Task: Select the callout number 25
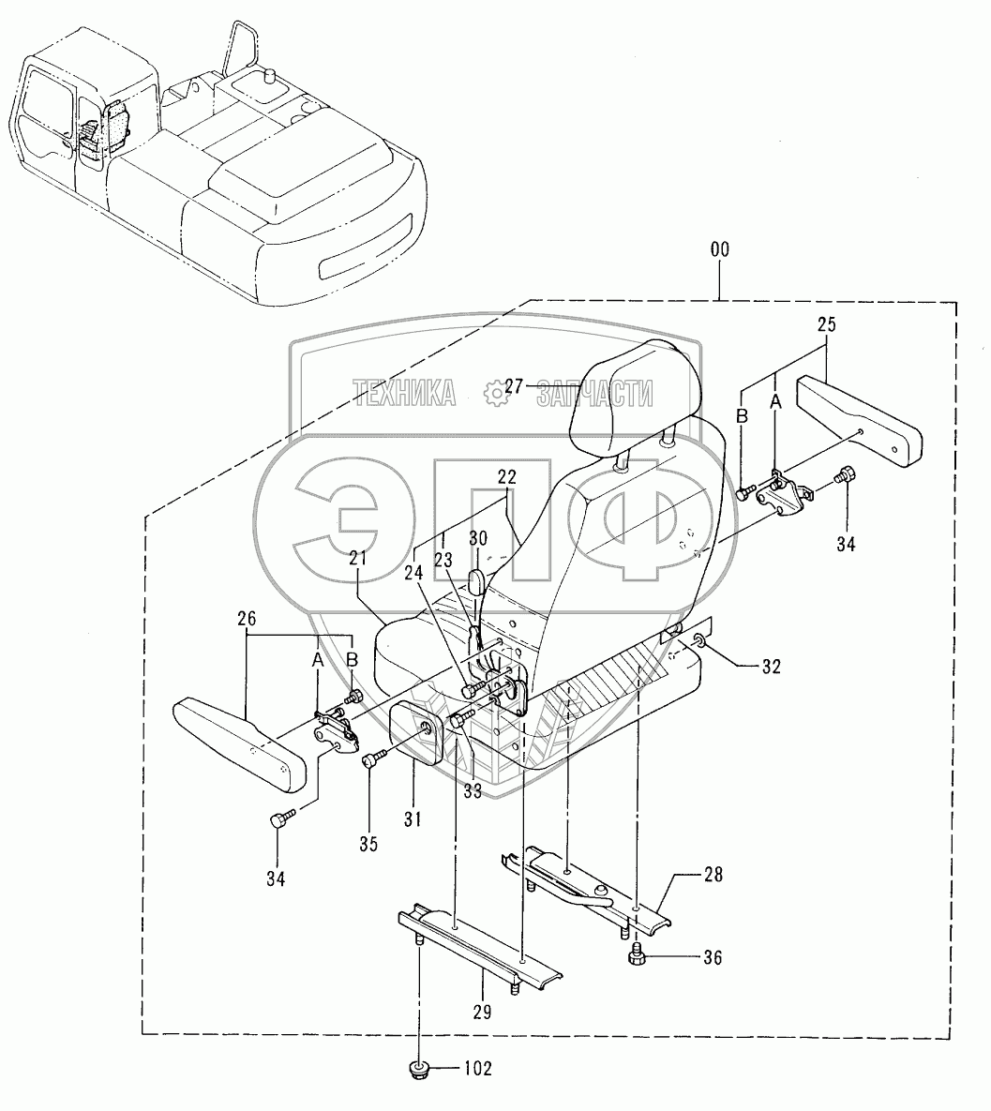(826, 326)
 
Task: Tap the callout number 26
(247, 620)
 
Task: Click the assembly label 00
(719, 250)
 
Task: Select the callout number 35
(368, 844)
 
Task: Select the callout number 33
(472, 790)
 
